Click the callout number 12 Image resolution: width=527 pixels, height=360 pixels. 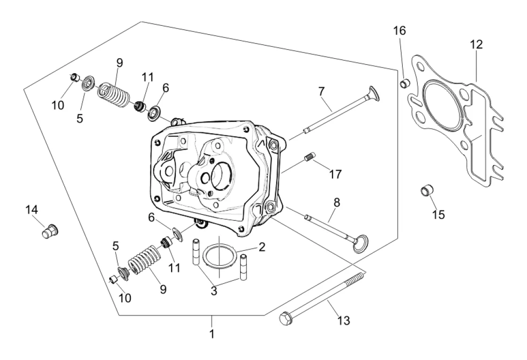tap(476, 45)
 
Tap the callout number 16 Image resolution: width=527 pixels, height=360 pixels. tap(399, 30)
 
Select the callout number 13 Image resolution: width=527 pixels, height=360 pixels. tap(344, 321)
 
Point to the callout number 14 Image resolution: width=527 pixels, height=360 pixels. tap(31, 210)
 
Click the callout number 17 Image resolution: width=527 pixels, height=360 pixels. tap(335, 174)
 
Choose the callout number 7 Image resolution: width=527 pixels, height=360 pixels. tap(321, 91)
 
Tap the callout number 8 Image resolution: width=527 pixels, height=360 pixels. tap(337, 202)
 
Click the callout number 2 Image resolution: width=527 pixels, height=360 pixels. tap(262, 247)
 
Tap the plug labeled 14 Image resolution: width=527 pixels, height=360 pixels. tap(51, 231)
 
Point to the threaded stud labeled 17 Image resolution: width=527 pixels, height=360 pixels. tap(310, 157)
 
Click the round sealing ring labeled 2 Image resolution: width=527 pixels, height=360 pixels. tap(218, 257)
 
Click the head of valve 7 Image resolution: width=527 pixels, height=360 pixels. tap(374, 93)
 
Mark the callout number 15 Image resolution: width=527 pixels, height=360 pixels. tap(438, 215)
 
